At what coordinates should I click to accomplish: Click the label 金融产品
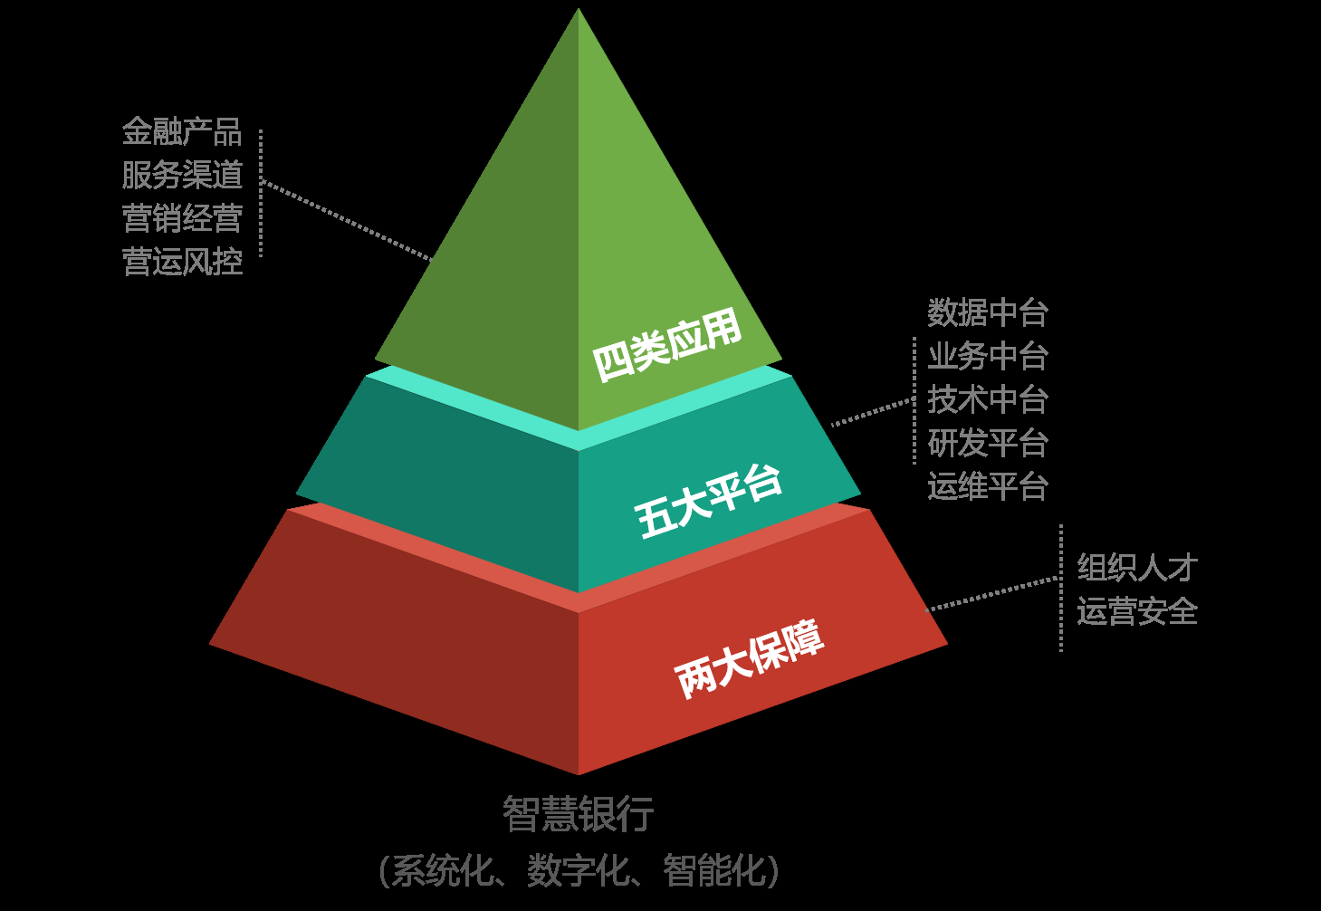(182, 132)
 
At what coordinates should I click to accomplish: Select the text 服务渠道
(182, 175)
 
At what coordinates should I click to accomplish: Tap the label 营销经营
(182, 218)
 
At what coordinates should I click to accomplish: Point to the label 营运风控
(182, 262)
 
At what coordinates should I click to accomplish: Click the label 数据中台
(988, 313)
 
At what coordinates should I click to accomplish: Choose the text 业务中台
(988, 357)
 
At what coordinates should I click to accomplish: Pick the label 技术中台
(988, 399)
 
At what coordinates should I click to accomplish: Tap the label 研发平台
(988, 443)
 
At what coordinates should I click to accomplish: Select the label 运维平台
(988, 486)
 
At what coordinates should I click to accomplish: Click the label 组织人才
(1137, 568)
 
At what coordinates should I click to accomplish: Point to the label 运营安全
(1137, 611)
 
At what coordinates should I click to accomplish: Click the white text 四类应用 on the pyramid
(667, 346)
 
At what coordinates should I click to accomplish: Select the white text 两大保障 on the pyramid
(750, 658)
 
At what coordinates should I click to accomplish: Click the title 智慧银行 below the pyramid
(578, 813)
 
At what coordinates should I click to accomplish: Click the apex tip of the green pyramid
(579, 11)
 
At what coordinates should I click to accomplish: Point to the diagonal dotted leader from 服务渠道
(349, 220)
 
